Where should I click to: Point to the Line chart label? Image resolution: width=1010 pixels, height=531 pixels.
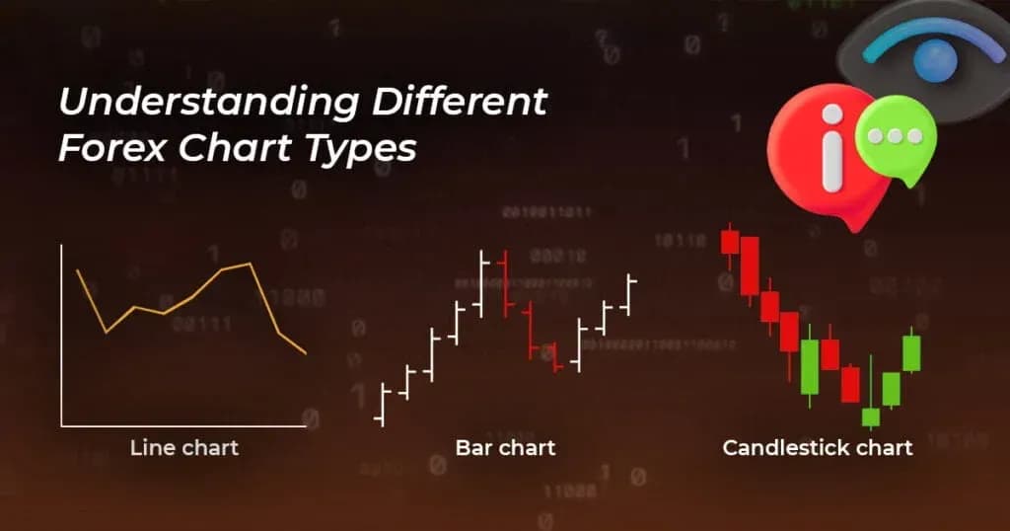point(184,447)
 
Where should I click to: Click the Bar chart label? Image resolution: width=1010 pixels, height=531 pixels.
point(505,447)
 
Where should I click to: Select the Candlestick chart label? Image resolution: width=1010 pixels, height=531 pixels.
point(817,447)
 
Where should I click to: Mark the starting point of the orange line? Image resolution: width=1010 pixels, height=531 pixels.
point(78,270)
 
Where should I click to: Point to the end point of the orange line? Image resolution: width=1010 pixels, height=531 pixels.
point(306,353)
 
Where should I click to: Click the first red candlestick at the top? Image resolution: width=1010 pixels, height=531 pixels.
point(730,240)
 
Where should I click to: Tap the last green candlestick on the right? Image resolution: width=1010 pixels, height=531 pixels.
point(911,352)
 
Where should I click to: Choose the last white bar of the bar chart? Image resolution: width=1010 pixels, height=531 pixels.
point(629,293)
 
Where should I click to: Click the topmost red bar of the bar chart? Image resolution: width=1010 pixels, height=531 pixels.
point(504,282)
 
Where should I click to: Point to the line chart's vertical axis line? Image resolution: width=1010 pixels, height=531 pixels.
point(61,336)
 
